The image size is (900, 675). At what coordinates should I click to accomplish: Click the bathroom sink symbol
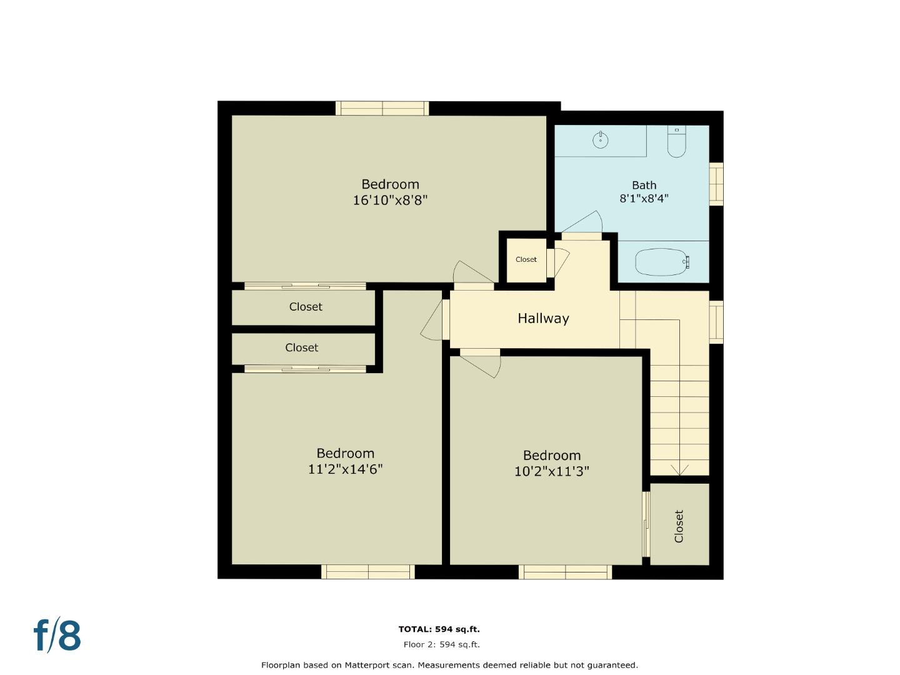600,140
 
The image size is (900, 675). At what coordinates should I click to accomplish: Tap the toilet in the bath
676,142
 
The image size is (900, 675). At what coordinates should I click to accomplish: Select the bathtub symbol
662,262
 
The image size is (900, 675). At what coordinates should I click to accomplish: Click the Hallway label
543,319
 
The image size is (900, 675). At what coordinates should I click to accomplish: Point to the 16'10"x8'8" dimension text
390,201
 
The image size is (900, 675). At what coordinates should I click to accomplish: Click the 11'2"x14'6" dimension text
345,469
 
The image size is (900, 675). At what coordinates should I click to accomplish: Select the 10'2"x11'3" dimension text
551,471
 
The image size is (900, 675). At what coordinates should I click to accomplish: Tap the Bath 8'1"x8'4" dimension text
644,199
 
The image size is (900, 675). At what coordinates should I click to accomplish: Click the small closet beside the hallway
526,259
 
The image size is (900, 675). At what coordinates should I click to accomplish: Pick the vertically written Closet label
679,526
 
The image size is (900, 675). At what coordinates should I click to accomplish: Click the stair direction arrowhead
679,470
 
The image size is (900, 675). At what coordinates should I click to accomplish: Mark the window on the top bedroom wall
382,108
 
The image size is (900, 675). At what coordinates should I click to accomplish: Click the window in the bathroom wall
716,184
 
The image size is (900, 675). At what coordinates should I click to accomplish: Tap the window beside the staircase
716,322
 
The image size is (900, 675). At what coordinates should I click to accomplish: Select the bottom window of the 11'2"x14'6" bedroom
368,571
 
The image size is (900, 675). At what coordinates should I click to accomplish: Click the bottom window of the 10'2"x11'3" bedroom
566,571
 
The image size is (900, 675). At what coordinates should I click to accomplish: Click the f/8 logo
57,636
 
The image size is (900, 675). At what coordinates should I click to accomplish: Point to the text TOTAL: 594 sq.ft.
439,629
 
